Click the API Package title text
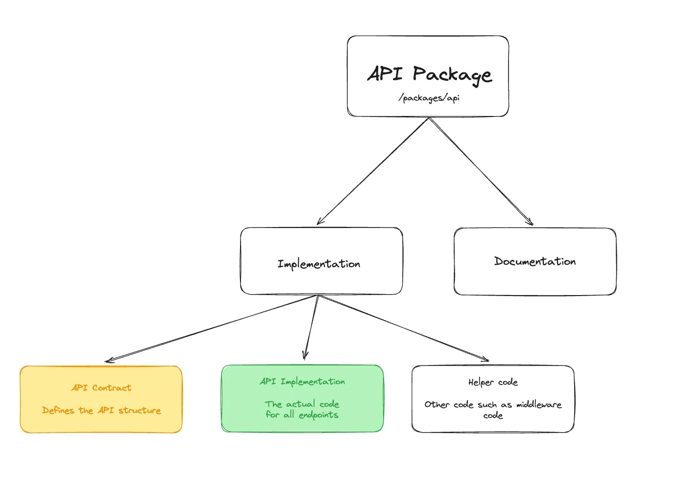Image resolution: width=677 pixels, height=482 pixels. click(430, 74)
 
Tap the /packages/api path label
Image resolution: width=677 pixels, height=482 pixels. click(429, 98)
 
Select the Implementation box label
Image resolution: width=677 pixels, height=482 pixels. click(319, 264)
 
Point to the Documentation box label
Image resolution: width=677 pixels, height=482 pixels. click(535, 261)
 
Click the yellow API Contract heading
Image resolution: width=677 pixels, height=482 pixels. click(101, 388)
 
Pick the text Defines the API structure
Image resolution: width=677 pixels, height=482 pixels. click(101, 410)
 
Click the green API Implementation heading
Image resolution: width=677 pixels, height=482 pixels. click(302, 381)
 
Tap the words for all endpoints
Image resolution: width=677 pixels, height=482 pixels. click(302, 415)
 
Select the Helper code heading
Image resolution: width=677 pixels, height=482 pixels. click(493, 382)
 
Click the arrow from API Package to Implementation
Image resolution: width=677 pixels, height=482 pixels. click(373, 171)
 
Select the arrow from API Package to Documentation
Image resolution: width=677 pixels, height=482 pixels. click(481, 171)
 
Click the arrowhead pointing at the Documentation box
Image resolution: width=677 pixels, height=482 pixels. click(531, 223)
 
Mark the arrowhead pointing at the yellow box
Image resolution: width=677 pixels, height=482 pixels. click(109, 361)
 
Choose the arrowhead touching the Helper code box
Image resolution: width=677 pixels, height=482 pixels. click(485, 360)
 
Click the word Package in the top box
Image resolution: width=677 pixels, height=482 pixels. click(452, 74)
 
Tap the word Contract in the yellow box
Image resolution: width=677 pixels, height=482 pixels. click(112, 388)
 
